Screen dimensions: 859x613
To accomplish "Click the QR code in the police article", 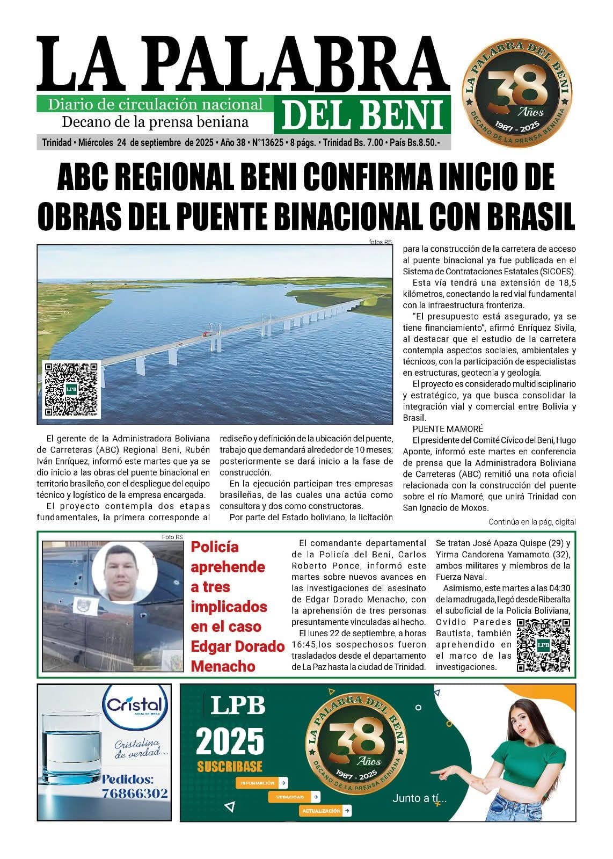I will coord(543,645).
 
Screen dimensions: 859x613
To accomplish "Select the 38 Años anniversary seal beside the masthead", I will coord(518,89).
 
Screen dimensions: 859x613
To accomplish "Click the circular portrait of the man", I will coord(123,573).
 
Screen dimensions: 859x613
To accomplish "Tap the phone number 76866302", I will coord(135,793).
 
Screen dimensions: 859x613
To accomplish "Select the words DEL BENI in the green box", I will coord(362,114).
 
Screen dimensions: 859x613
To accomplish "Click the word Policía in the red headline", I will coord(215,547).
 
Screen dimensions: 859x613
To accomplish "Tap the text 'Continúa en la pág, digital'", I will coord(531,522).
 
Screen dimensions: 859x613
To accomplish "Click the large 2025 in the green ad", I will coord(230,741).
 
